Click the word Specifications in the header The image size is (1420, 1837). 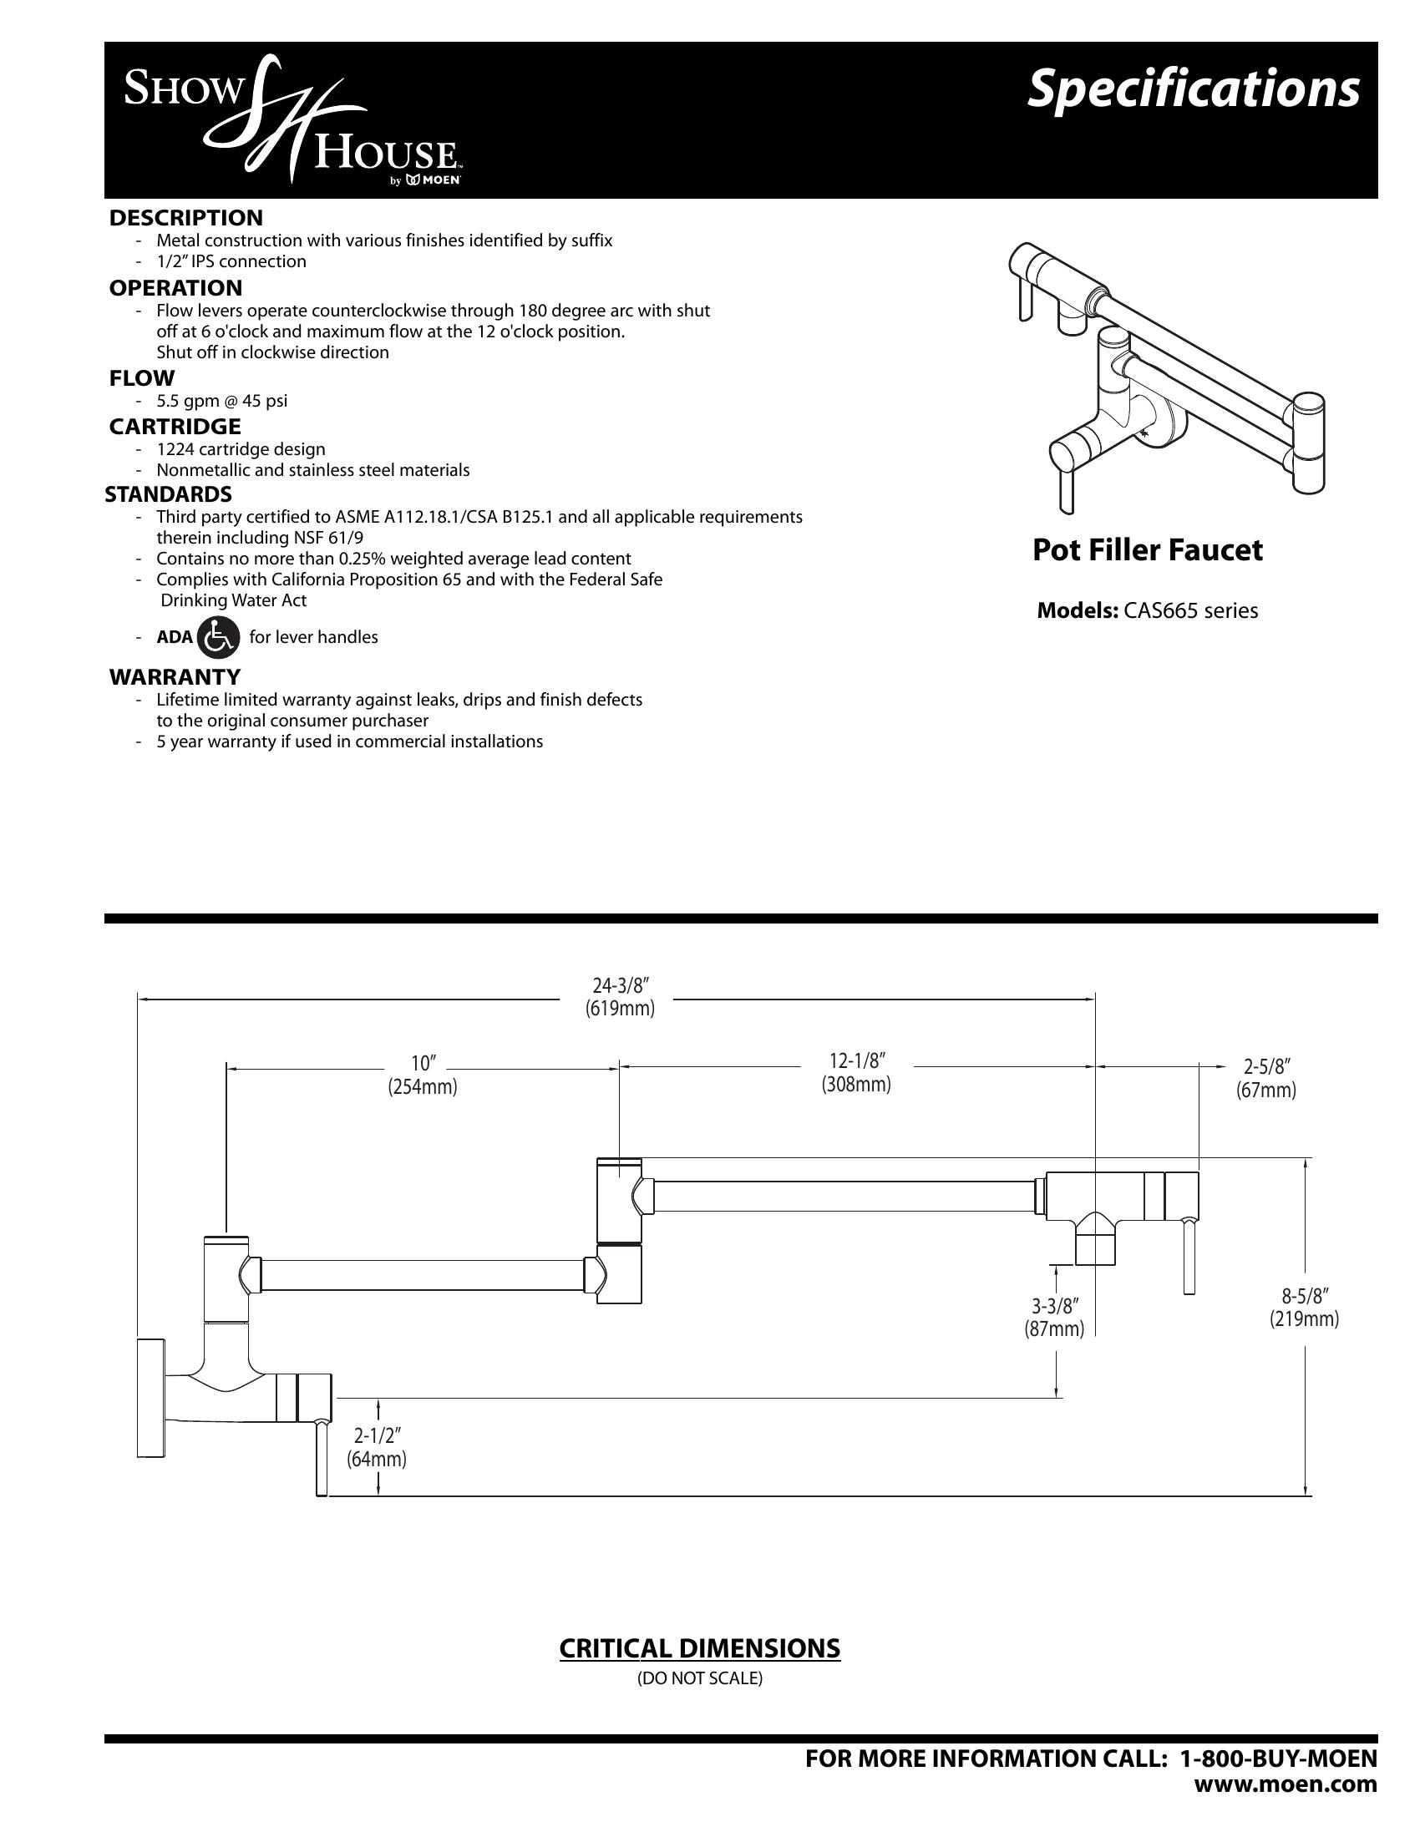point(1192,89)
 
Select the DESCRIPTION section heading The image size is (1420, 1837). point(186,218)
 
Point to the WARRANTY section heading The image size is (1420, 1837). point(175,676)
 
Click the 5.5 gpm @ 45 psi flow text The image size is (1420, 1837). point(222,400)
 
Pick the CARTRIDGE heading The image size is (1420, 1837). point(175,427)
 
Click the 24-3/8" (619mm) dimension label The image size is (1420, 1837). point(619,997)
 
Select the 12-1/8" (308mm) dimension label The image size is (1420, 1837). point(856,1072)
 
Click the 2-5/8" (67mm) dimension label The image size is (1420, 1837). point(1265,1078)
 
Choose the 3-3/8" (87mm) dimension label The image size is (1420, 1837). point(1054,1316)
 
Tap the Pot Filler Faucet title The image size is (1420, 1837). point(1148,550)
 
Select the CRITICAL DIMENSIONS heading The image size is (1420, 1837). point(700,1648)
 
